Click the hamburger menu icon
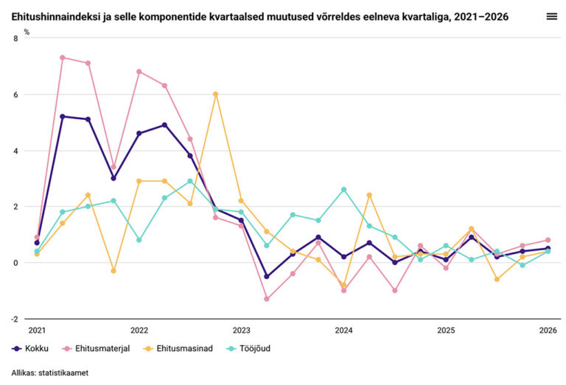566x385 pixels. [551, 15]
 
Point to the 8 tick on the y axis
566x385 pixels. [17, 38]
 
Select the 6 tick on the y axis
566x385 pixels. [17, 95]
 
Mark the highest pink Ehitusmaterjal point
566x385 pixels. [63, 57]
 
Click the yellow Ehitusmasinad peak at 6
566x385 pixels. [216, 94]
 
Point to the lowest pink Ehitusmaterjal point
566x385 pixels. [267, 299]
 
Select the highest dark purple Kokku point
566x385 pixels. [63, 116]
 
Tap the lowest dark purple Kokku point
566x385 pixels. [267, 277]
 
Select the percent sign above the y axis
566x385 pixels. [27, 32]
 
